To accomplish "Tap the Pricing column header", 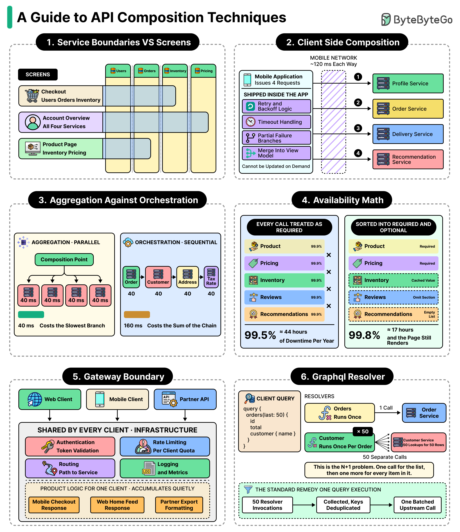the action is [x=204, y=71].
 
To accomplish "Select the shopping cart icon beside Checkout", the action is [x=32, y=96].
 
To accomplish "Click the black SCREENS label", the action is [x=38, y=74].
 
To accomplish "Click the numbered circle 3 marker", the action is [x=358, y=128].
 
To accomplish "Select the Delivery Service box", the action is [x=408, y=134].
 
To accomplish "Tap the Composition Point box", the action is [x=64, y=260].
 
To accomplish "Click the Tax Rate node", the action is [x=211, y=277].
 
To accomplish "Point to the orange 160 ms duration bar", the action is [x=137, y=315].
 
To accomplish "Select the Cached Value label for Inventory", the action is [x=423, y=280].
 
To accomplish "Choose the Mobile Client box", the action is [x=118, y=399].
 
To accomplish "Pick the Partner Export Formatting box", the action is [x=179, y=505].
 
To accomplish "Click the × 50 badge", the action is [x=363, y=432].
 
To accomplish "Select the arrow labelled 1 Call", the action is [x=388, y=413].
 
